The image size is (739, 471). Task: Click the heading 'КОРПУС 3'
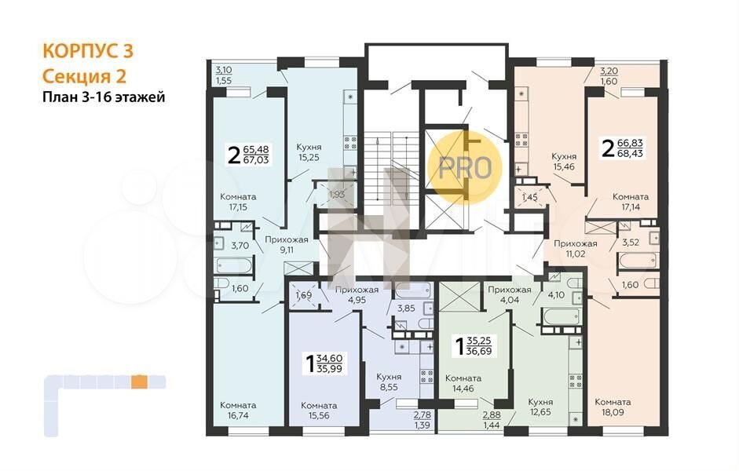(88, 51)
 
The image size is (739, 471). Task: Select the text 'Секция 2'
(84, 76)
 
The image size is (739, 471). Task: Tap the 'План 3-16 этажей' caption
(104, 97)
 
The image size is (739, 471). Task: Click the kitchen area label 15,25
(309, 158)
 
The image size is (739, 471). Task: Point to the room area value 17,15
(237, 206)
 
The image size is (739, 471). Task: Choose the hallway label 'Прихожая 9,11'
(287, 244)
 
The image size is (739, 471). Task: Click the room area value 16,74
(237, 415)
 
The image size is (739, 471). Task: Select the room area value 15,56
(318, 415)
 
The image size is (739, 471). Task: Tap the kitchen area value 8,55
(390, 387)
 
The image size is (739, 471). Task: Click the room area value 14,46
(463, 389)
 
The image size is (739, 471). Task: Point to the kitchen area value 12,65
(540, 412)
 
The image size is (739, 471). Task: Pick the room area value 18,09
(613, 412)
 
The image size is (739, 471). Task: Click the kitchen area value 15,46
(564, 166)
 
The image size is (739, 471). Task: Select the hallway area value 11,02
(576, 254)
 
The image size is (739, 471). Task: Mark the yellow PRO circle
(465, 167)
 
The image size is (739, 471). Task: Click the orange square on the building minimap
(139, 382)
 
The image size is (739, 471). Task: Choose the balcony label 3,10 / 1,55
(224, 75)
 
